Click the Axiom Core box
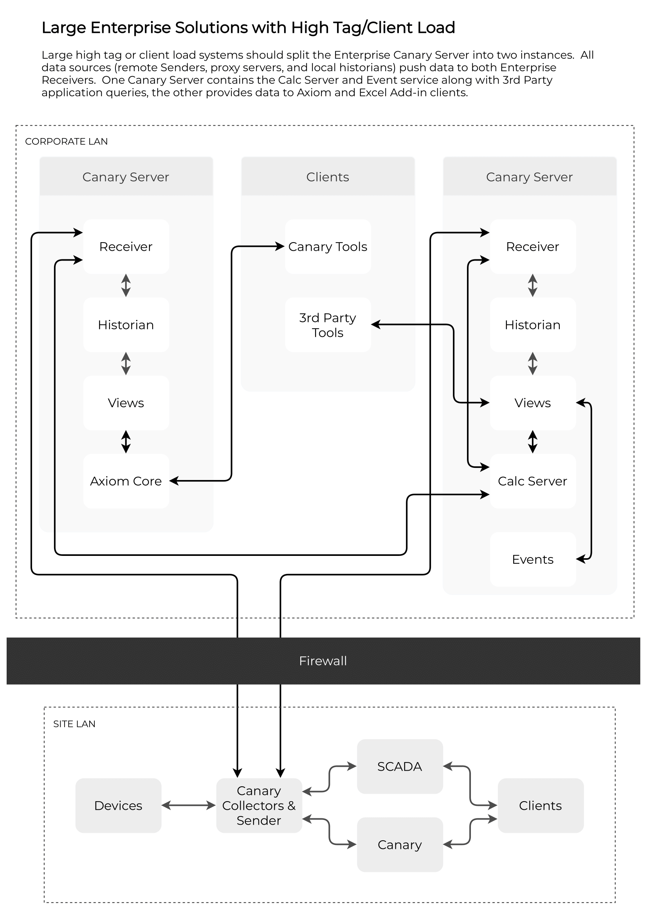[126, 481]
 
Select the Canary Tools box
[328, 247]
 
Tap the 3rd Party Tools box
[328, 325]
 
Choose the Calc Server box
[533, 481]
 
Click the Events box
[533, 559]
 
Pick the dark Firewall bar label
[323, 661]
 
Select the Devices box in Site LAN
[118, 805]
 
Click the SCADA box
[400, 766]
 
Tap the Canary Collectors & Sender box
[259, 805]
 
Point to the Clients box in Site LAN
[541, 805]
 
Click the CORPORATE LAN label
[67, 142]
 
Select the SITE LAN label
[74, 724]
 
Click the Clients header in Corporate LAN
[328, 176]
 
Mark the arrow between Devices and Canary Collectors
[189, 805]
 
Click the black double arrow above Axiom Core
[126, 442]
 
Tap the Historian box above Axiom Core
[126, 325]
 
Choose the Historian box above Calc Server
[533, 325]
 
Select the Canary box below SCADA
[400, 845]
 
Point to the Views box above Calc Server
[533, 403]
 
